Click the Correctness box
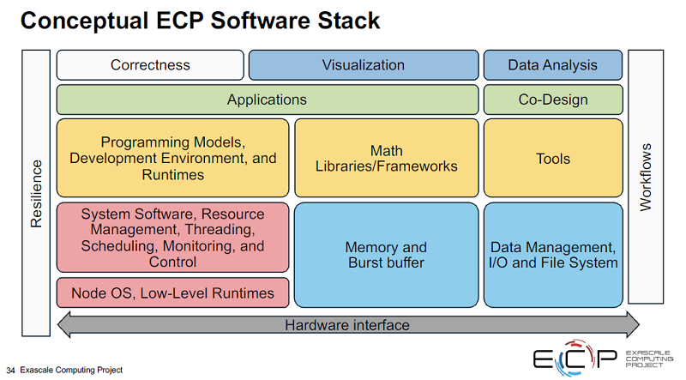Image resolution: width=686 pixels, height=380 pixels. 150,65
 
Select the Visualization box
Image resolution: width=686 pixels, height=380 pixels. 364,65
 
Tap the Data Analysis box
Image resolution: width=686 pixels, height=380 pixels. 553,65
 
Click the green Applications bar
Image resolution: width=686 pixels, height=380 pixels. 268,100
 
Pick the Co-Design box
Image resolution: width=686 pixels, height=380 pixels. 553,100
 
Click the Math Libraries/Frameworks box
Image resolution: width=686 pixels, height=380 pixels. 387,158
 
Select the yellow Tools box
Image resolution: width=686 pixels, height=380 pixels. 553,158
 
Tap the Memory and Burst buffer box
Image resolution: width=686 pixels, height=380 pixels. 387,255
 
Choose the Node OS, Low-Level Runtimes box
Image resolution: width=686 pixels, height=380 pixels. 173,293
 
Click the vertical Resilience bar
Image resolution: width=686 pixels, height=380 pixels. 36,193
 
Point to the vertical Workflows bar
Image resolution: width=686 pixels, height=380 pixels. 646,177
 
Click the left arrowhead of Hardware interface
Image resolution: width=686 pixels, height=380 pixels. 63,325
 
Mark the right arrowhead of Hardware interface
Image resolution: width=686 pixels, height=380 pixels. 633,325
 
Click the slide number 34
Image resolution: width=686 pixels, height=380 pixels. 10,371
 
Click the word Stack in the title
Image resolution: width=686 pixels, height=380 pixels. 349,21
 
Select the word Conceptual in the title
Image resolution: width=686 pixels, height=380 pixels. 84,21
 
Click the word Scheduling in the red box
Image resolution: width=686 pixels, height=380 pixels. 118,245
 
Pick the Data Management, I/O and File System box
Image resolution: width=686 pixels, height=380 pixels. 553,255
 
